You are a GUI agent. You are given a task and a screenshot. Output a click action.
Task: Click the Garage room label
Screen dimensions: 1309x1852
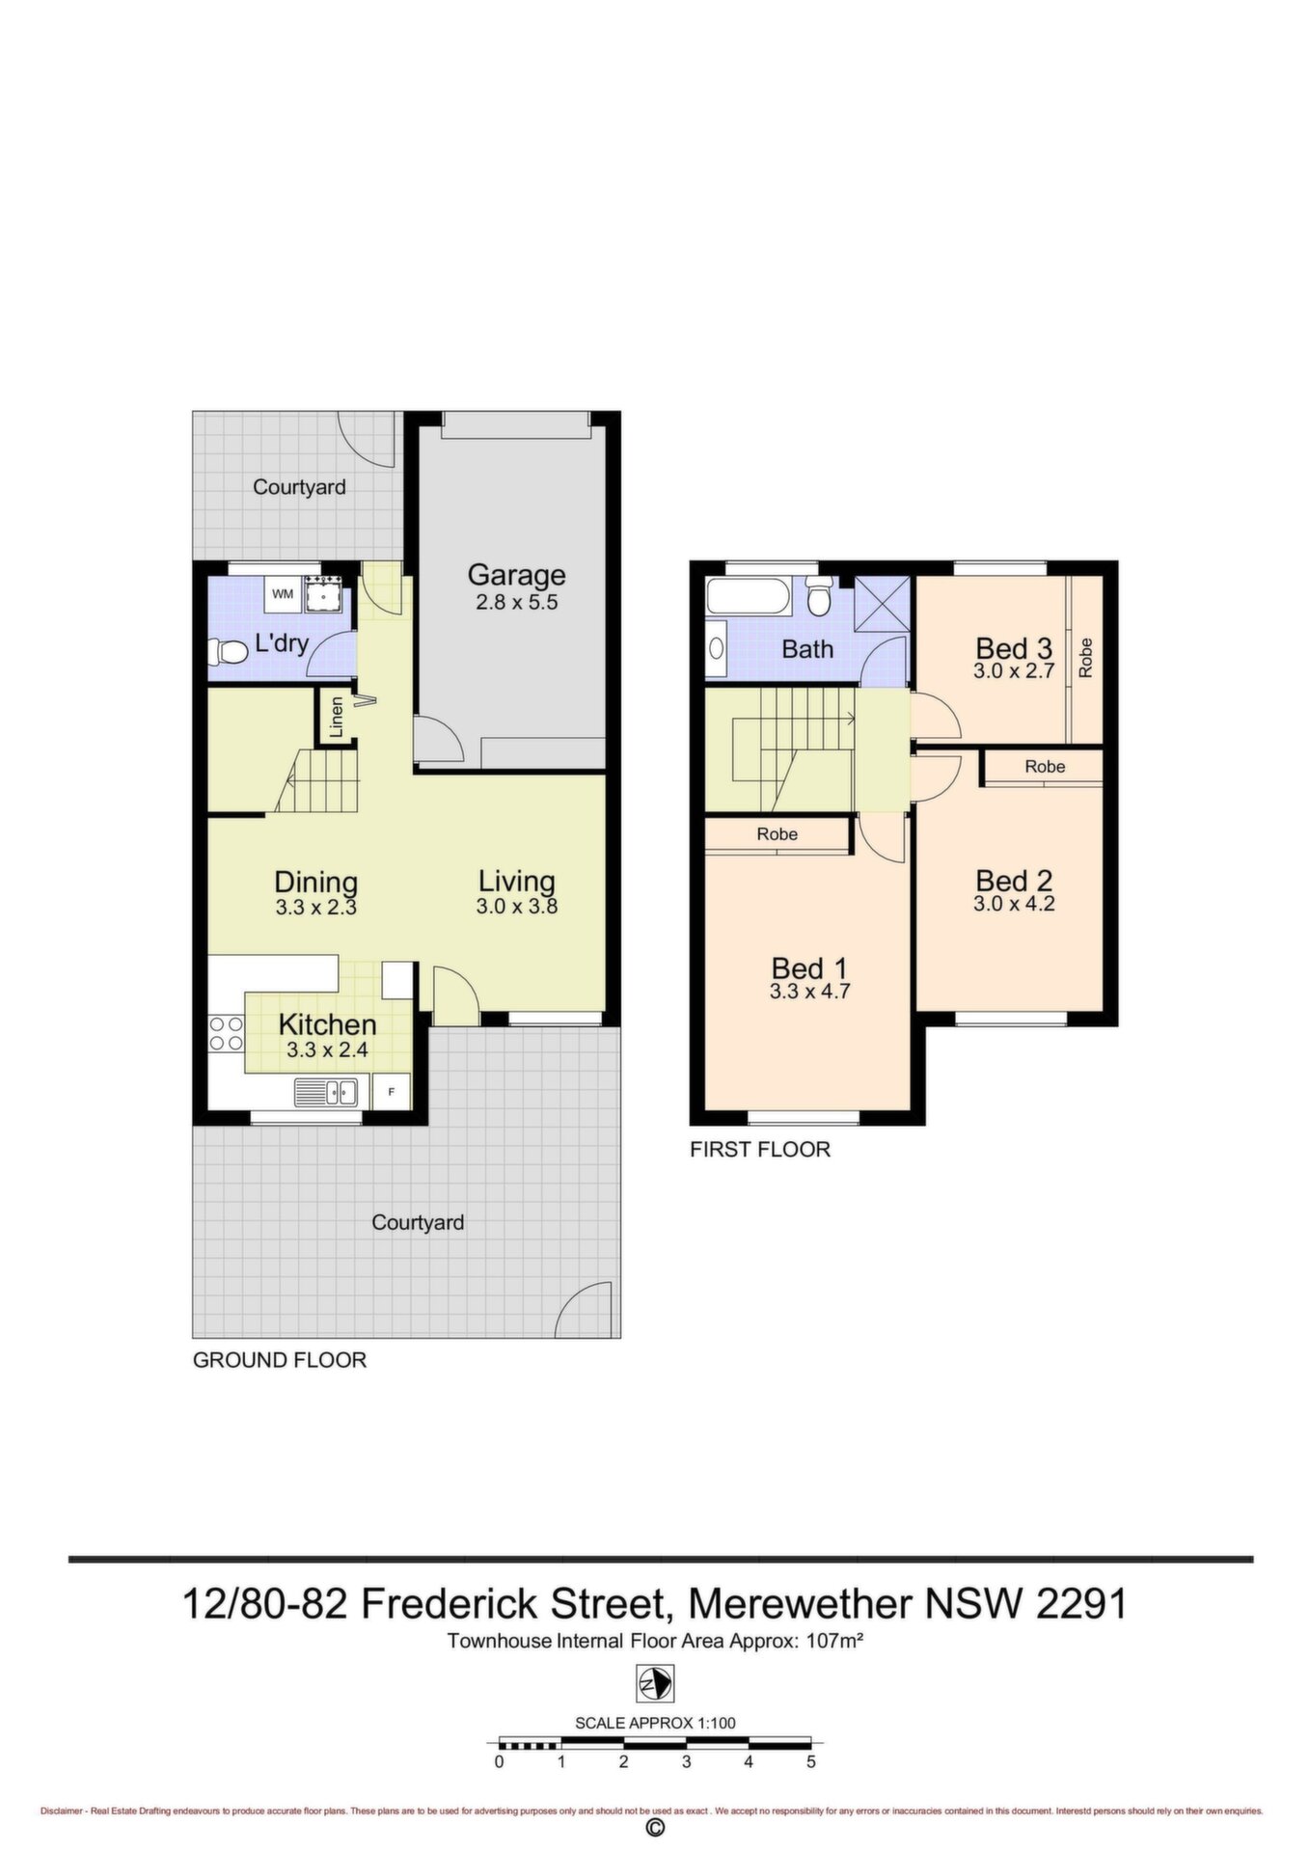(x=516, y=575)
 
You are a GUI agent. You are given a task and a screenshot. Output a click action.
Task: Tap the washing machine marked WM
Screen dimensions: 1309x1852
(x=283, y=594)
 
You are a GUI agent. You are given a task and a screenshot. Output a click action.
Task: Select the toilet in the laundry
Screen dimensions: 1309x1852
(x=228, y=652)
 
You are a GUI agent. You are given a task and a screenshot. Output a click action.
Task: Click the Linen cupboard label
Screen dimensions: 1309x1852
(x=336, y=717)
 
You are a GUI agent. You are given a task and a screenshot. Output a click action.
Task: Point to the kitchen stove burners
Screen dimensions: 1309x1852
(x=226, y=1033)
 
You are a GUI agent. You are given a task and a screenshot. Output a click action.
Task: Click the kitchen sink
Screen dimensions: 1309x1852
(x=326, y=1092)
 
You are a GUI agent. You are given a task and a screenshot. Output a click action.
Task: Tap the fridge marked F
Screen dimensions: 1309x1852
(x=391, y=1092)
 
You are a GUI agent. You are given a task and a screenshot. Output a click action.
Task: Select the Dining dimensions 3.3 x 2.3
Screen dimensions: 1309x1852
(x=315, y=907)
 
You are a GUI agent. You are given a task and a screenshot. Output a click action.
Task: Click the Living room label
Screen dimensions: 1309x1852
(x=517, y=881)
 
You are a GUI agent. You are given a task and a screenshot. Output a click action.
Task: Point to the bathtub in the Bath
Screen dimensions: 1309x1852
(x=748, y=594)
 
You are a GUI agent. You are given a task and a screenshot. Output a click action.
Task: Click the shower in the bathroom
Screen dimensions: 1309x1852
(x=883, y=603)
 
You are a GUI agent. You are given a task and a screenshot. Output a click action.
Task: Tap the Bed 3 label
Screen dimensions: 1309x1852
(x=1014, y=648)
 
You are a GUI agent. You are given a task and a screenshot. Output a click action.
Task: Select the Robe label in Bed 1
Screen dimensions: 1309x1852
(x=777, y=834)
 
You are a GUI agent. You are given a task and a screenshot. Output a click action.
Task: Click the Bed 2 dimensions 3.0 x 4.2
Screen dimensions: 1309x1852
(x=1014, y=904)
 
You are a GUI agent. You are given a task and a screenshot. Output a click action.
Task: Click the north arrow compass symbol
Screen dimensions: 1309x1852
(x=655, y=1684)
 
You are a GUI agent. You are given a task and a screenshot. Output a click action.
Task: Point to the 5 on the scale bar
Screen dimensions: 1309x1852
(x=811, y=1761)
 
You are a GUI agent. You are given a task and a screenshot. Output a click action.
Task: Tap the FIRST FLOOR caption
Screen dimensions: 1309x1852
(x=760, y=1149)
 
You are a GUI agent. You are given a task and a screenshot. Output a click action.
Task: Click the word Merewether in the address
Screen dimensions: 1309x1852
(x=800, y=1604)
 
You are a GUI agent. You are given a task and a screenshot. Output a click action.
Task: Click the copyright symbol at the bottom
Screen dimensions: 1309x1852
(x=655, y=1829)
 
